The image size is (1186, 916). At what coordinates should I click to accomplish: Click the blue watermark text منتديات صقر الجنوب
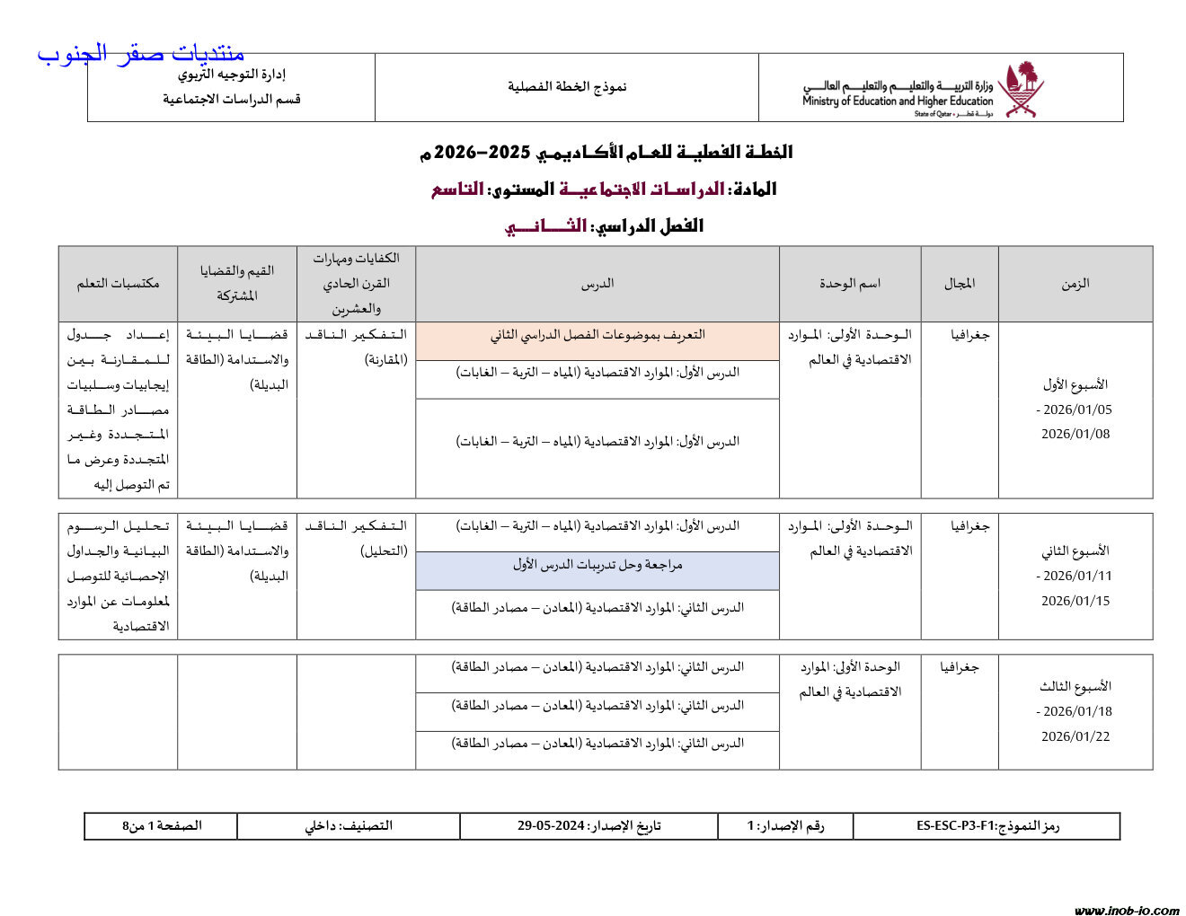pyautogui.click(x=141, y=54)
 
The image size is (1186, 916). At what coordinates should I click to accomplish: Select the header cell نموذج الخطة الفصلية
pyautogui.click(x=567, y=87)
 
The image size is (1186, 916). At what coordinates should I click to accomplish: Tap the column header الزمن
pyautogui.click(x=1075, y=284)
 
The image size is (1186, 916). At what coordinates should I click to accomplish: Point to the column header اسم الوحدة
pyautogui.click(x=849, y=284)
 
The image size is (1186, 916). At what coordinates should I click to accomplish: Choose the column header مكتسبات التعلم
pyautogui.click(x=118, y=284)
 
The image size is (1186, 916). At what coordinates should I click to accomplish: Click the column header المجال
pyautogui.click(x=959, y=284)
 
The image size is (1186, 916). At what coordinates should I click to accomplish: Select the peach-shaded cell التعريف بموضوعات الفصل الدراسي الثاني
pyautogui.click(x=597, y=336)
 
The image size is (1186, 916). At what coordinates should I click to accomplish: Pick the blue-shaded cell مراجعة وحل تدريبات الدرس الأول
pyautogui.click(x=597, y=565)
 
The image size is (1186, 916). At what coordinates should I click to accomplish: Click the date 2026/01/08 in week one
pyautogui.click(x=1075, y=435)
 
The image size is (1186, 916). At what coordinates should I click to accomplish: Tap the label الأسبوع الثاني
pyautogui.click(x=1075, y=550)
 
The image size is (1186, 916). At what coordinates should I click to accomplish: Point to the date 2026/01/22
pyautogui.click(x=1075, y=736)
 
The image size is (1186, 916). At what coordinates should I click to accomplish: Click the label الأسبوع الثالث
pyautogui.click(x=1075, y=687)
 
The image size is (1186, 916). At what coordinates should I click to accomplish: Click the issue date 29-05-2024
pyautogui.click(x=551, y=826)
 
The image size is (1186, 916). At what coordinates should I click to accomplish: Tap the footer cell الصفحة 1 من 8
pyautogui.click(x=162, y=826)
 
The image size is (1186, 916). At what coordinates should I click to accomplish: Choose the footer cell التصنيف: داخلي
pyautogui.click(x=349, y=826)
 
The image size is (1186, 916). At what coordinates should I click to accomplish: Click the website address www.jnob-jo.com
pyautogui.click(x=1127, y=910)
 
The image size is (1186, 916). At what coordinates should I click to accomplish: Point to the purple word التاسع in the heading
pyautogui.click(x=457, y=189)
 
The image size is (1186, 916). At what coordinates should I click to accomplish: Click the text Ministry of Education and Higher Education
pyautogui.click(x=897, y=101)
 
